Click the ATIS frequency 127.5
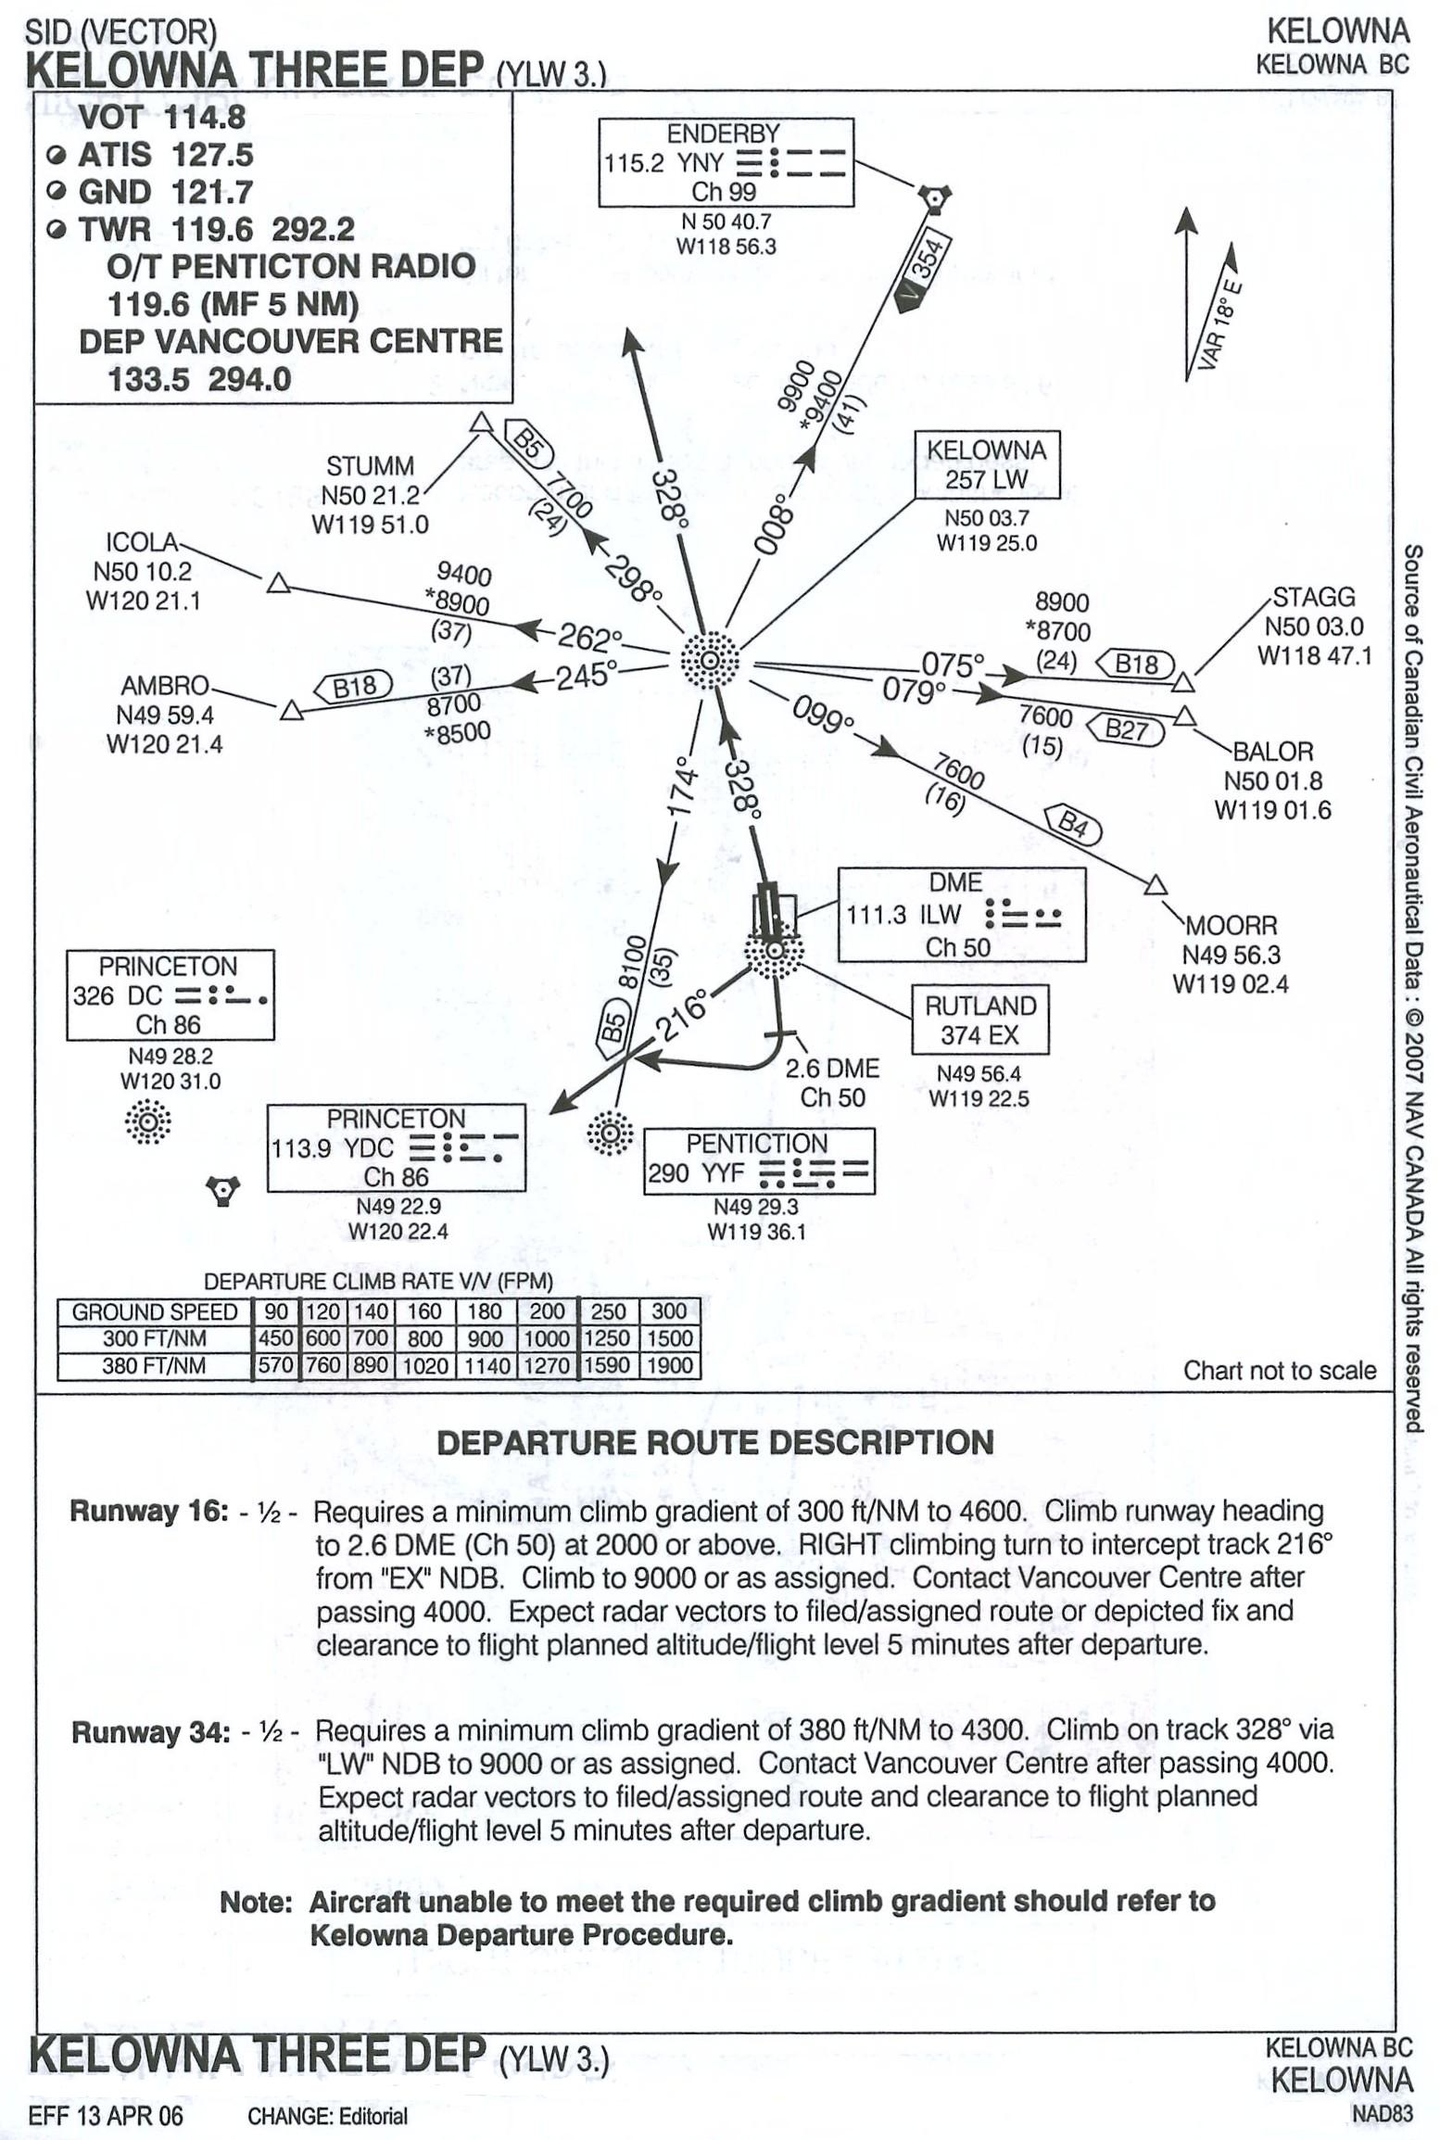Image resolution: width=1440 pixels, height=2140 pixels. [211, 155]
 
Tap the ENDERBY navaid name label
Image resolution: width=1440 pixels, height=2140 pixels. [724, 133]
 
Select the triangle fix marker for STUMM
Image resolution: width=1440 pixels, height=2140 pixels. [480, 423]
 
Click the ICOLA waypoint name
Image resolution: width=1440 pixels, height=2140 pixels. [141, 541]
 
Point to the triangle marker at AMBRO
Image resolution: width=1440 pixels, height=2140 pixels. [291, 711]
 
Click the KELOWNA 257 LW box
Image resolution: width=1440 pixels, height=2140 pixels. [987, 464]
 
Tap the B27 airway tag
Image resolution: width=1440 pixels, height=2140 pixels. [1127, 729]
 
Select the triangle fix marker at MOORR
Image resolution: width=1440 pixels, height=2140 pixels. [1155, 885]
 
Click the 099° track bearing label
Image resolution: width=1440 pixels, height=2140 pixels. [822, 716]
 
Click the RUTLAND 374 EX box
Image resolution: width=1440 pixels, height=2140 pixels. [980, 1019]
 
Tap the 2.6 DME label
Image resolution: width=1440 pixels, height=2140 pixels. [831, 1068]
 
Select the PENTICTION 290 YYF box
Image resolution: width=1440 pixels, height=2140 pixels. [758, 1160]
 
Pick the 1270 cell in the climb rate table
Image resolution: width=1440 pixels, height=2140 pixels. [547, 1365]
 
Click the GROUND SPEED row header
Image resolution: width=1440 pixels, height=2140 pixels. [155, 1311]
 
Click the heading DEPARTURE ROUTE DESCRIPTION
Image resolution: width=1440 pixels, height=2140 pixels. [714, 1442]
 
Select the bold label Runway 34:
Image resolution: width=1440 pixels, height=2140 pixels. [150, 1731]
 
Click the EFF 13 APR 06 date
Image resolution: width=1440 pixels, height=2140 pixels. [106, 2116]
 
